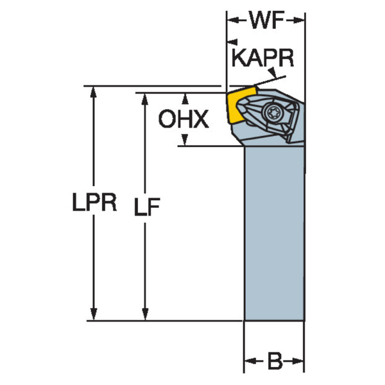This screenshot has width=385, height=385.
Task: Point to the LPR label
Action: coord(94,204)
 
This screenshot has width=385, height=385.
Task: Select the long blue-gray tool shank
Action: coord(274,231)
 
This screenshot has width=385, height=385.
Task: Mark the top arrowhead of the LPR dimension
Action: coord(94,92)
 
